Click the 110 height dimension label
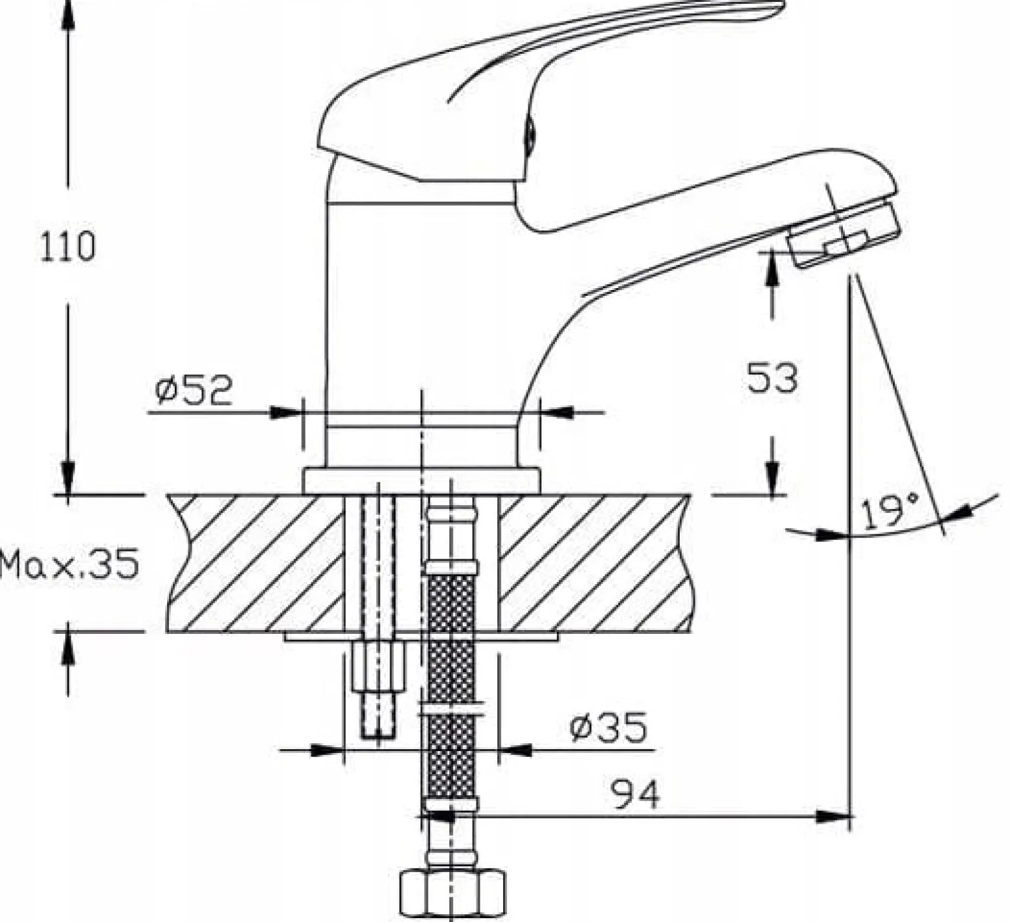pyautogui.click(x=67, y=247)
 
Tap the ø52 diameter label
pyautogui.click(x=194, y=390)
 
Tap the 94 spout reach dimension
pyautogui.click(x=635, y=793)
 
